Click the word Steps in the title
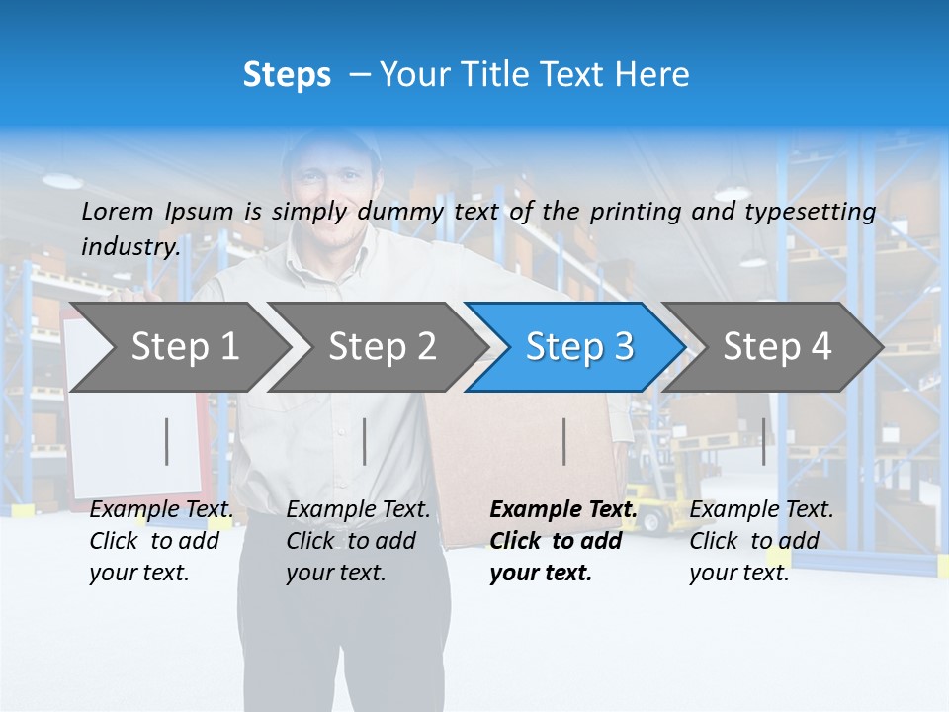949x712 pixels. click(x=287, y=75)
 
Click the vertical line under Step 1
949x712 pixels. click(x=167, y=441)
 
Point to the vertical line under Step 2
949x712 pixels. click(x=365, y=441)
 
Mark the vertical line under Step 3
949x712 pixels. click(x=564, y=441)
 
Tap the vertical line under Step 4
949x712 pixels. click(x=763, y=441)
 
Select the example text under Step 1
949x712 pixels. click(x=161, y=541)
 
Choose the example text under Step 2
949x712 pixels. click(x=358, y=541)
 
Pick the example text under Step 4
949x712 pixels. click(x=761, y=541)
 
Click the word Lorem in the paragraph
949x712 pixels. click(x=118, y=211)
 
